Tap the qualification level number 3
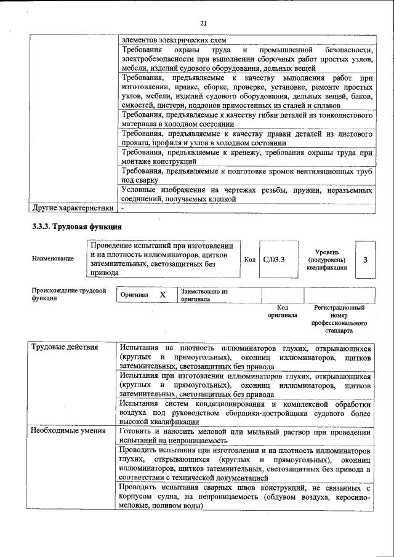pyautogui.click(x=365, y=260)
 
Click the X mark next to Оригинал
pyautogui.click(x=163, y=295)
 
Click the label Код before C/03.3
pyautogui.click(x=249, y=260)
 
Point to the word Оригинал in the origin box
pyautogui.click(x=134, y=295)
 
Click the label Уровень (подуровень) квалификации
pyautogui.click(x=334, y=260)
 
